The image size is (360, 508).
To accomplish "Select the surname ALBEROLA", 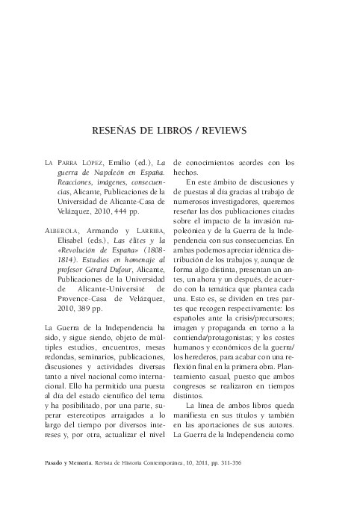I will (63, 231).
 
